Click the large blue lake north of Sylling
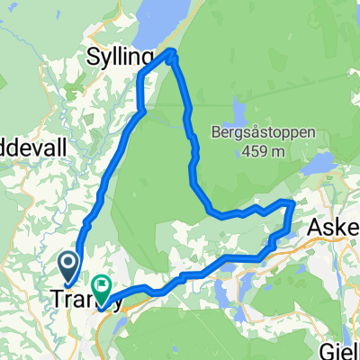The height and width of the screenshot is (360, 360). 171,22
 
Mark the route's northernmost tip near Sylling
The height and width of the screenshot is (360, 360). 171,52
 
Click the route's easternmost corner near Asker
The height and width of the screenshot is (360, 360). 292,202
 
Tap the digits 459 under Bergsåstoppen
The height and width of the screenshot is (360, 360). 255,151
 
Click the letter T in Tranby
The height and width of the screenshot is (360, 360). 58,298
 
